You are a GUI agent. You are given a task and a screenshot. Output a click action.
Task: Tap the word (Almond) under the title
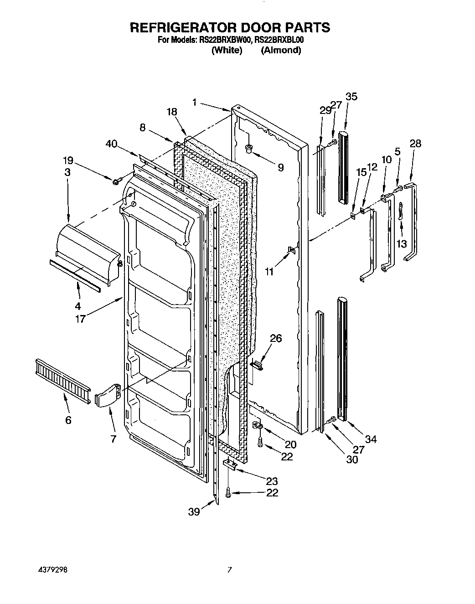[x=281, y=50]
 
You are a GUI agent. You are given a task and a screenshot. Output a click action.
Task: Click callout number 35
[x=351, y=96]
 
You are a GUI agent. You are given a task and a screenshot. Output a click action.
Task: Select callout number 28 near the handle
[x=415, y=144]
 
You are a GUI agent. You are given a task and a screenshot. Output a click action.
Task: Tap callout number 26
[x=276, y=338]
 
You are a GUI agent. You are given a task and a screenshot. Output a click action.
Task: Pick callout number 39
[x=194, y=512]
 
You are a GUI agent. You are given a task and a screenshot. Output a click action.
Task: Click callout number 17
[x=80, y=319]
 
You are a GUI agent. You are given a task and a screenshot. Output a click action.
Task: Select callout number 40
[x=111, y=144]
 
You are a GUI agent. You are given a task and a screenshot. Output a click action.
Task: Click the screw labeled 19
[x=116, y=182]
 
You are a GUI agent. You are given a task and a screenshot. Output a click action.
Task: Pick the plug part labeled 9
[x=249, y=148]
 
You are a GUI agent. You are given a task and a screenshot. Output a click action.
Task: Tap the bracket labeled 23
[x=230, y=465]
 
